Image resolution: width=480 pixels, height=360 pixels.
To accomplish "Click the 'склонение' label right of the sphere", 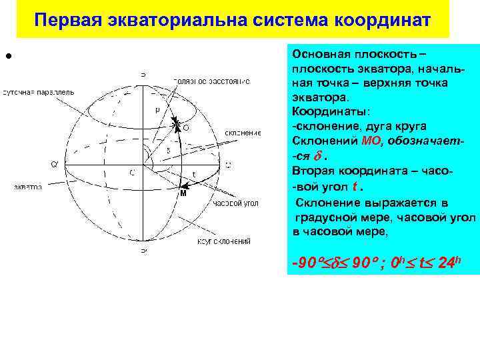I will (243, 133).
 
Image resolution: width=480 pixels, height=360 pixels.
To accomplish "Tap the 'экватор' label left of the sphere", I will (28, 187).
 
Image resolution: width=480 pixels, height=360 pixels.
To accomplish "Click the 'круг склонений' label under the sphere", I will (223, 241).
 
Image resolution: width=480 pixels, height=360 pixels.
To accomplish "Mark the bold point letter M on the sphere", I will (183, 194).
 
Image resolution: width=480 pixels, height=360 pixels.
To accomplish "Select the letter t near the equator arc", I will (194, 175).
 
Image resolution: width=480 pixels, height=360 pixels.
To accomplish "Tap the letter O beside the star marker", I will (185, 127).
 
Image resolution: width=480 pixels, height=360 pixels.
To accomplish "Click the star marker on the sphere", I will (176, 124).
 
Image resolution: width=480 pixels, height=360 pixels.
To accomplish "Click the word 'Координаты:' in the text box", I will (322, 113).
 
